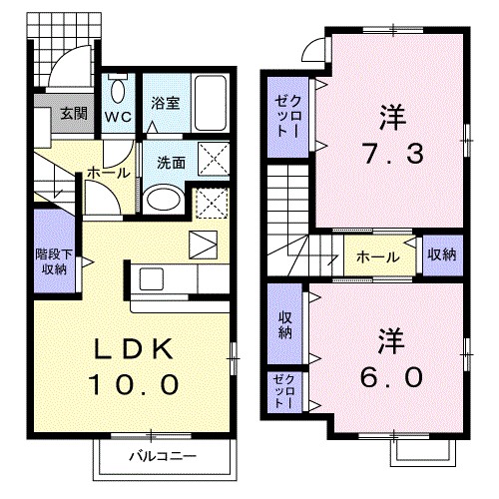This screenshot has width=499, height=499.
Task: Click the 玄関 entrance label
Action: pos(73,113)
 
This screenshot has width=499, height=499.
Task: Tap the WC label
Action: pos(119,115)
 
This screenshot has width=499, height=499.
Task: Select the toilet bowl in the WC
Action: pos(119,93)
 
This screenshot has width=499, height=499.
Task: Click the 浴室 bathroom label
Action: pos(164,102)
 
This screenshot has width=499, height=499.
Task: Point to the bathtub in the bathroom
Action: pos(210,103)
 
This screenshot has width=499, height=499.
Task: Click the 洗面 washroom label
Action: pos(169,163)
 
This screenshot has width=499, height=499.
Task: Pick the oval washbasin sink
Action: pos(160,200)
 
